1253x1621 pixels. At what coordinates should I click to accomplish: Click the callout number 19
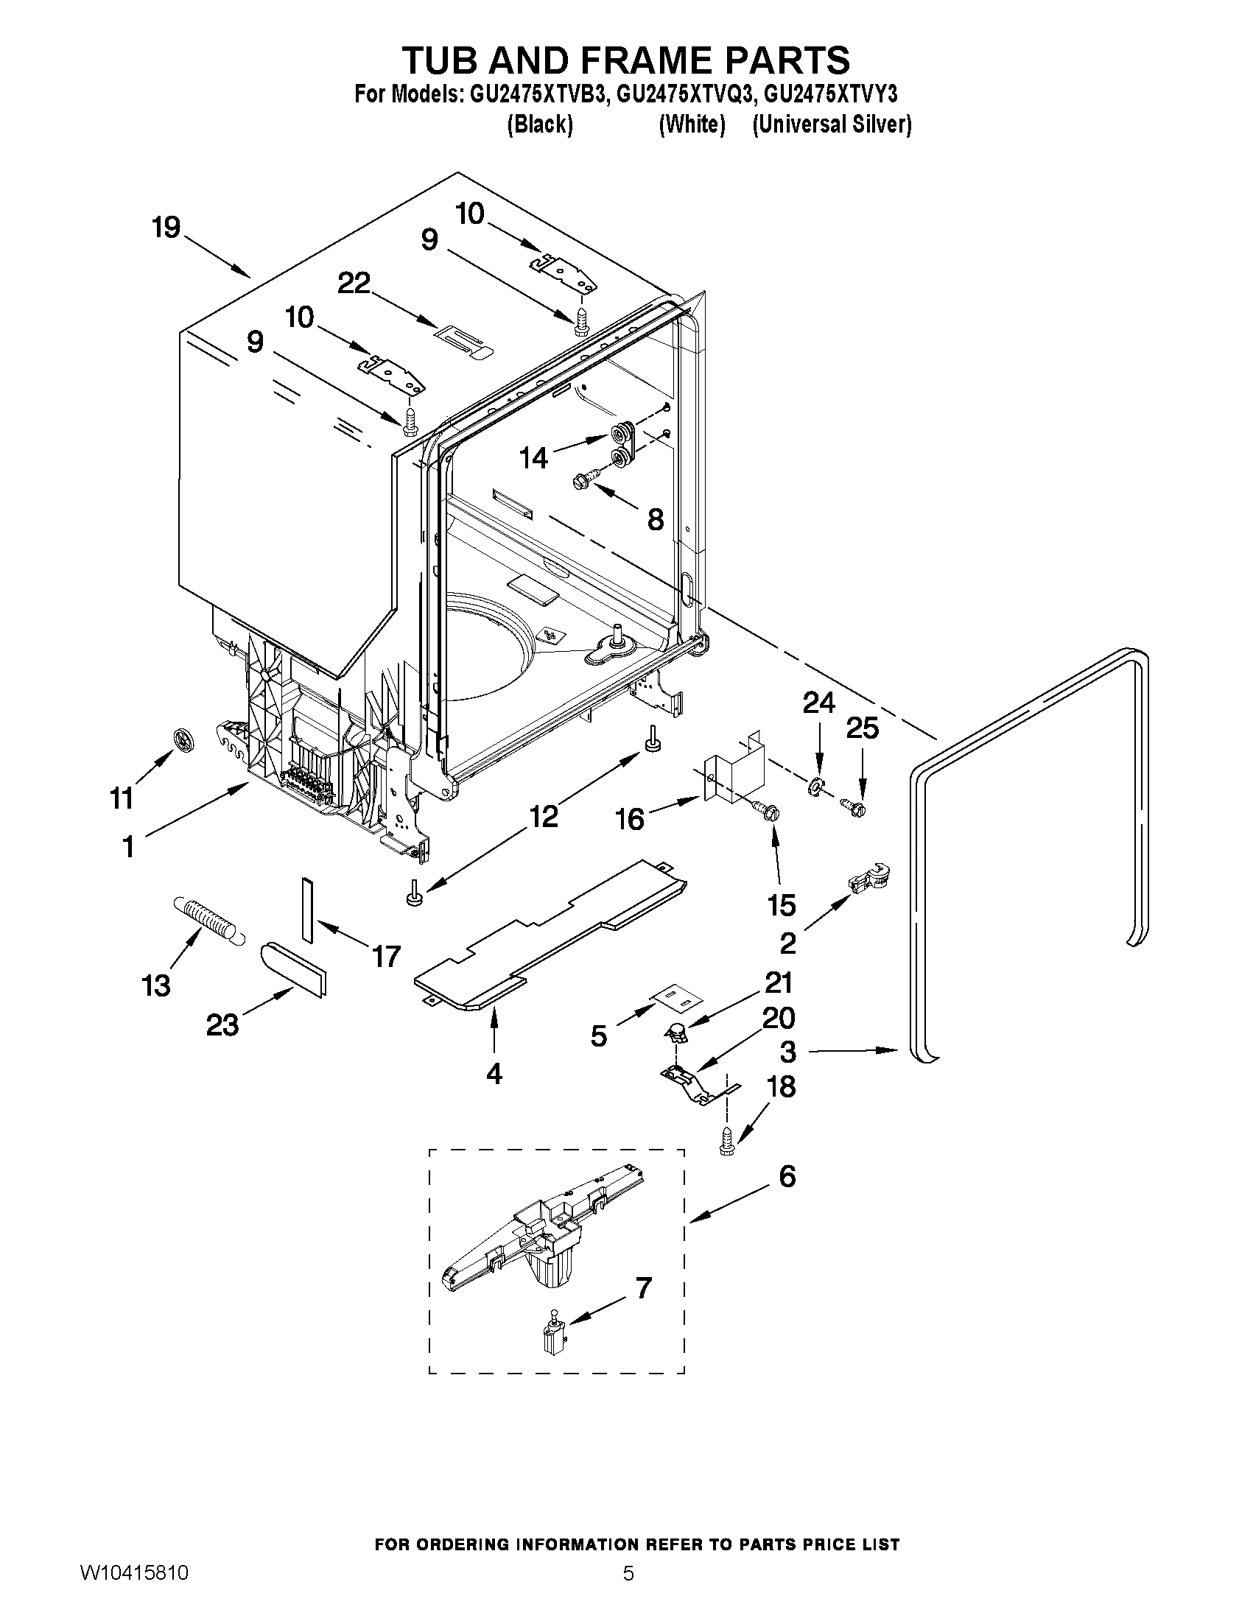tap(166, 228)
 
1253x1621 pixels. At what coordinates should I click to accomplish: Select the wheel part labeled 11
tap(183, 739)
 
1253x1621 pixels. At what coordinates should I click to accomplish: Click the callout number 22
tap(354, 283)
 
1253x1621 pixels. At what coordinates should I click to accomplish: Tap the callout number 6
tap(787, 1176)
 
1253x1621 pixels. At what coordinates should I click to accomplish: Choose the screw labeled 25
tap(854, 806)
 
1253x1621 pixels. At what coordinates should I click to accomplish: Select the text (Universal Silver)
tap(832, 124)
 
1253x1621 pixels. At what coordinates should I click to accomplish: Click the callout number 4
tap(494, 1073)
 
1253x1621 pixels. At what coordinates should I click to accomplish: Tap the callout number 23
tap(222, 1025)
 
